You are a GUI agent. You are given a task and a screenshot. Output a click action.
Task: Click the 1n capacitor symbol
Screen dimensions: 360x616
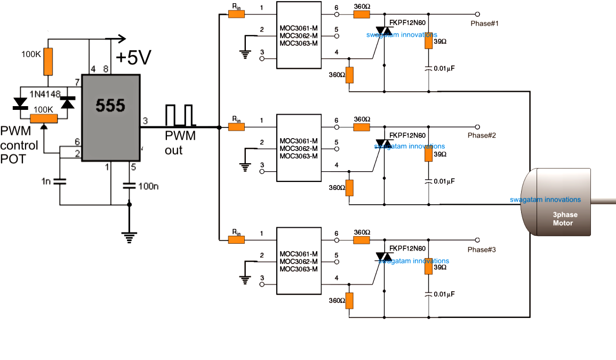tap(60, 181)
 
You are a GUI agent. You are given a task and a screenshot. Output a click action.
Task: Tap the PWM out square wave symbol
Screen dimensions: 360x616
tap(179, 115)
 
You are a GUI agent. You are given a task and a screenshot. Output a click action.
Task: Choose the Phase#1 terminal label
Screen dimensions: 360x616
tap(484, 24)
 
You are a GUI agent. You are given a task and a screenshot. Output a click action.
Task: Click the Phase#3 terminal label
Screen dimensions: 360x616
tap(482, 250)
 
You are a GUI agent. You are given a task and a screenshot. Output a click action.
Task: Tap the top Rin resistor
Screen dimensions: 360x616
tap(236, 14)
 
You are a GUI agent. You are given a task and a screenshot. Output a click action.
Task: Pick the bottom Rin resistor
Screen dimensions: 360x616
tap(236, 239)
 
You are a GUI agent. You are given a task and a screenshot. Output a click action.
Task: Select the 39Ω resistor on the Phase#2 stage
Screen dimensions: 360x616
tap(428, 154)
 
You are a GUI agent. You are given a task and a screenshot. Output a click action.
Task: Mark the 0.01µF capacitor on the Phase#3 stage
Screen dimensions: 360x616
tap(428, 294)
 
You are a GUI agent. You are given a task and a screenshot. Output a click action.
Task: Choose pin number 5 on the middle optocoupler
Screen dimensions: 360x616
tap(337, 142)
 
